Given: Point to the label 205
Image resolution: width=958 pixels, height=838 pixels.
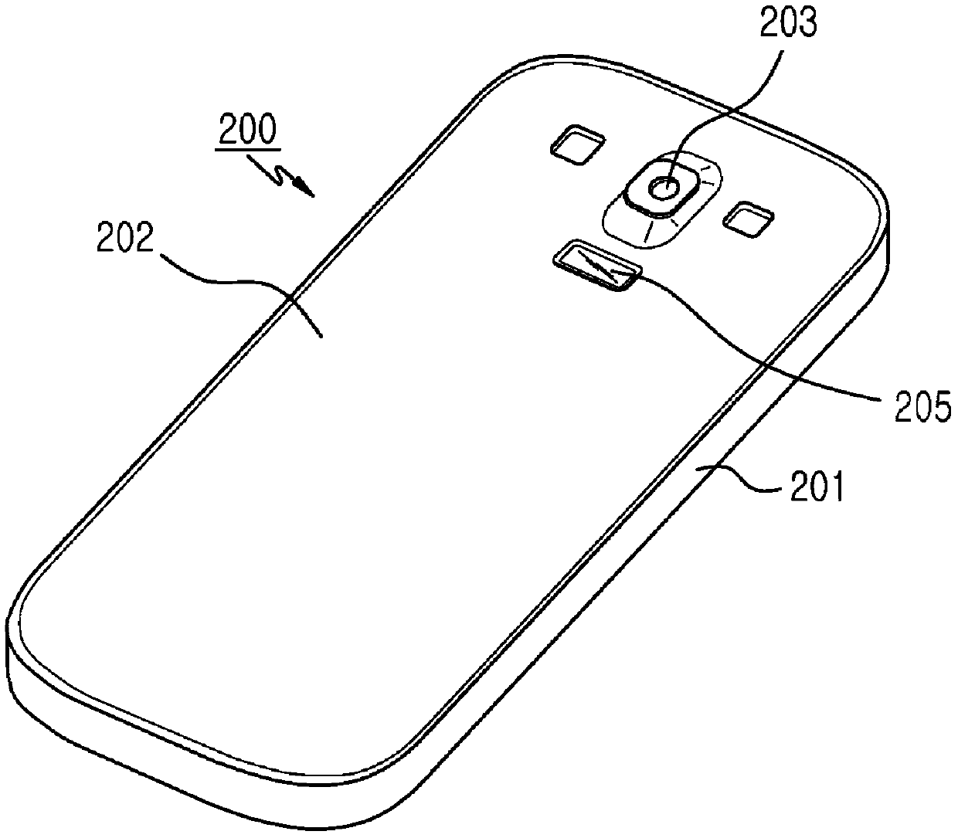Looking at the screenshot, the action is coord(922,405).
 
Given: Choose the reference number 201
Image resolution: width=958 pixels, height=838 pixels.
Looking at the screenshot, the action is coord(814,488).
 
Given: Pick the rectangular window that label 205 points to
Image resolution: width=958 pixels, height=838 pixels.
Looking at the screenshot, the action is coord(598,265).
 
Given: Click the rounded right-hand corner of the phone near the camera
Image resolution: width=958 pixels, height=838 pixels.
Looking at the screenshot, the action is coord(865,193).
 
